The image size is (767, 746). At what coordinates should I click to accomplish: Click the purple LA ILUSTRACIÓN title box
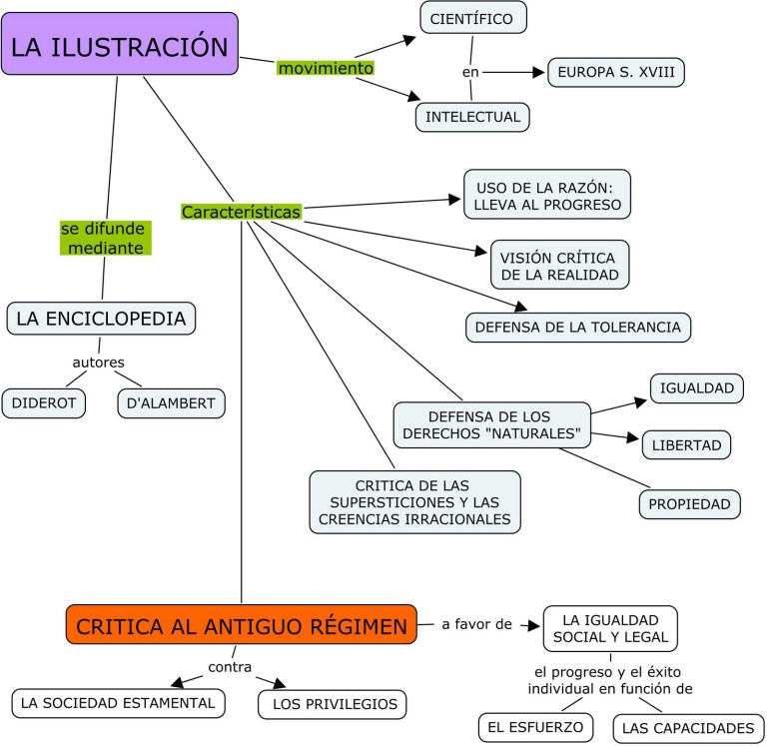tap(120, 45)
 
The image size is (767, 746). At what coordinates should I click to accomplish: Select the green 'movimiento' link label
tap(326, 68)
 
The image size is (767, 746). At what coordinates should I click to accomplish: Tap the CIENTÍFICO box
tap(471, 18)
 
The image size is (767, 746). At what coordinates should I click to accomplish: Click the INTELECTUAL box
tap(472, 117)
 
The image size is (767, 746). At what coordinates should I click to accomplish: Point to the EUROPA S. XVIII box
tap(616, 72)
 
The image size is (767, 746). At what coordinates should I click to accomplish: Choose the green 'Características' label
tap(241, 212)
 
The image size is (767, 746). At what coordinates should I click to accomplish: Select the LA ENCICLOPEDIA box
tap(101, 319)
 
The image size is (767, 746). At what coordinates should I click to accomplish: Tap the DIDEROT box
tap(44, 403)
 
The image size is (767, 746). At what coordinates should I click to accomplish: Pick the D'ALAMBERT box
tap(171, 403)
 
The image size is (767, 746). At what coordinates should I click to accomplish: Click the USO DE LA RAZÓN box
tap(547, 194)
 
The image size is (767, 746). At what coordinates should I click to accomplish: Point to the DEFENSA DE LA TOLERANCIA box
tap(578, 327)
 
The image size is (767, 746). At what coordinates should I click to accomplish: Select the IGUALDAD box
tap(696, 387)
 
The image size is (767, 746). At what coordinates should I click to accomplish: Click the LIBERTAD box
tap(686, 443)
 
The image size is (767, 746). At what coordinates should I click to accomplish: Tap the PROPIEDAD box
tap(690, 504)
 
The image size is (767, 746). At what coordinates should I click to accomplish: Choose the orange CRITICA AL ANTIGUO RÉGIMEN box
tap(242, 626)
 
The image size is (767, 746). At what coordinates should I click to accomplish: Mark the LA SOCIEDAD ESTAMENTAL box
tap(118, 703)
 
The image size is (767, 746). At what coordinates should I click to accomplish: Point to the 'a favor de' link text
tap(476, 625)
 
